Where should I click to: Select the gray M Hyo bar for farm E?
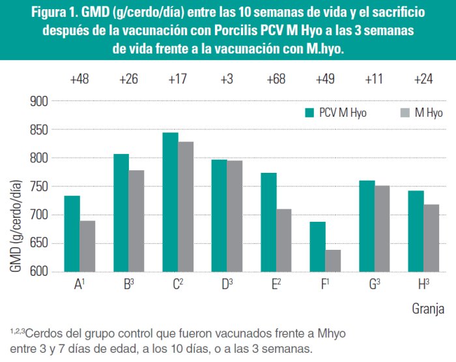pyautogui.click(x=283, y=240)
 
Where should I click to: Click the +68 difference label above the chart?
pyautogui.click(x=276, y=80)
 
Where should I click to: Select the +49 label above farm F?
pyautogui.click(x=325, y=80)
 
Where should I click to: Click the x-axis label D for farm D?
pyautogui.click(x=225, y=285)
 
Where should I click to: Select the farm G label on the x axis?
pyautogui.click(x=373, y=285)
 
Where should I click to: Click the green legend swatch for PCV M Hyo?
pyautogui.click(x=311, y=112)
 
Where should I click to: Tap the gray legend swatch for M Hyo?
pyautogui.click(x=403, y=112)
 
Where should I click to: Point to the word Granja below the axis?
pyautogui.click(x=428, y=307)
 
